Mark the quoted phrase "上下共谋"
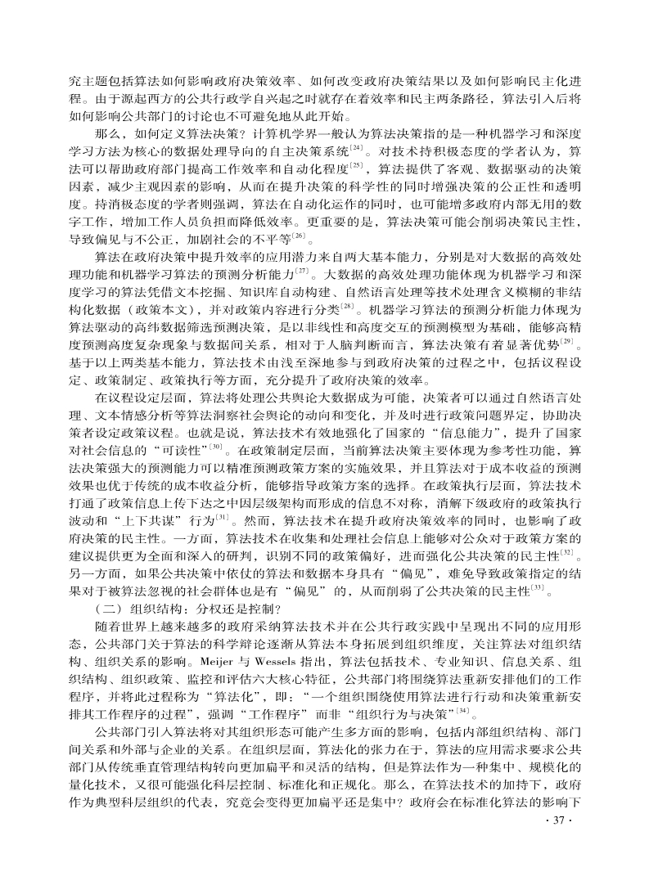(140, 521)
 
